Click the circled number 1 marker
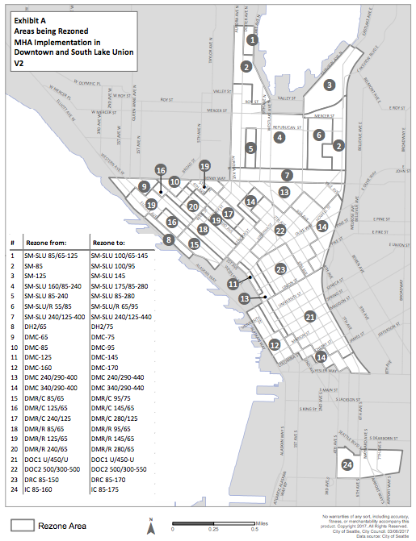[254, 39]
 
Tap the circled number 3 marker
[329, 84]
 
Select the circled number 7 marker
[287, 174]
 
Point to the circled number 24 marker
[347, 464]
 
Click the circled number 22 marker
[279, 230]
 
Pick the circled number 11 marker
[233, 283]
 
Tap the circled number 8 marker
[168, 239]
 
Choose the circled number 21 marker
[310, 317]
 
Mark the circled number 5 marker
[251, 148]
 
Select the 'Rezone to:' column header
[111, 243]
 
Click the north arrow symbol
[151, 526]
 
